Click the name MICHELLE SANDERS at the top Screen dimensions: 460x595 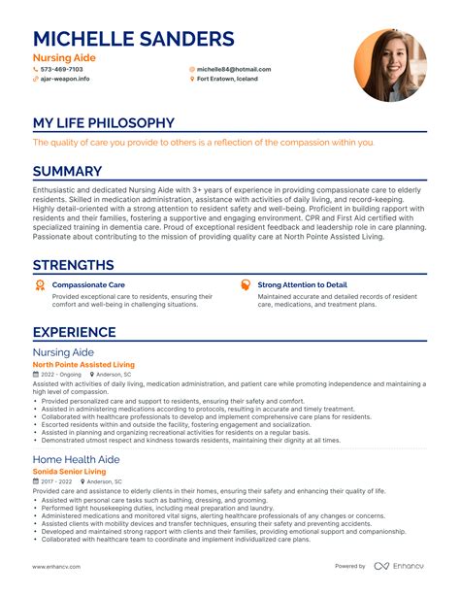(x=133, y=39)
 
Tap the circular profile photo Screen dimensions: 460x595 (x=391, y=65)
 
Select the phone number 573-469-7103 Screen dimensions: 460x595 (x=61, y=70)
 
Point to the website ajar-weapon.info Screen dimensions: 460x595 (x=63, y=79)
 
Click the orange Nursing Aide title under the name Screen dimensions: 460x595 (x=64, y=58)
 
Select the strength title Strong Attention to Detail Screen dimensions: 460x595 (x=302, y=285)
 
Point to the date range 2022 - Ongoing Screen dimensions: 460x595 (x=60, y=375)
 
